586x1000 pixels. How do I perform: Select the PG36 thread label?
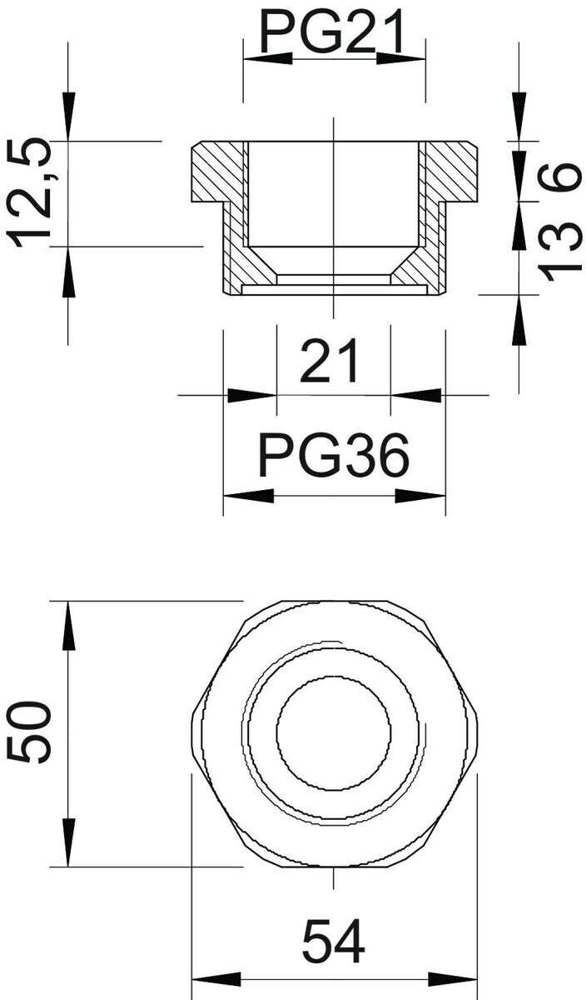334,455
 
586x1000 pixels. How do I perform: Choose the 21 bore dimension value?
330,361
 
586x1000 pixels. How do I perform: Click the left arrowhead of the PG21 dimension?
268,58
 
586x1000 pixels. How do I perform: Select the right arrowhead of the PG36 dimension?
420,497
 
